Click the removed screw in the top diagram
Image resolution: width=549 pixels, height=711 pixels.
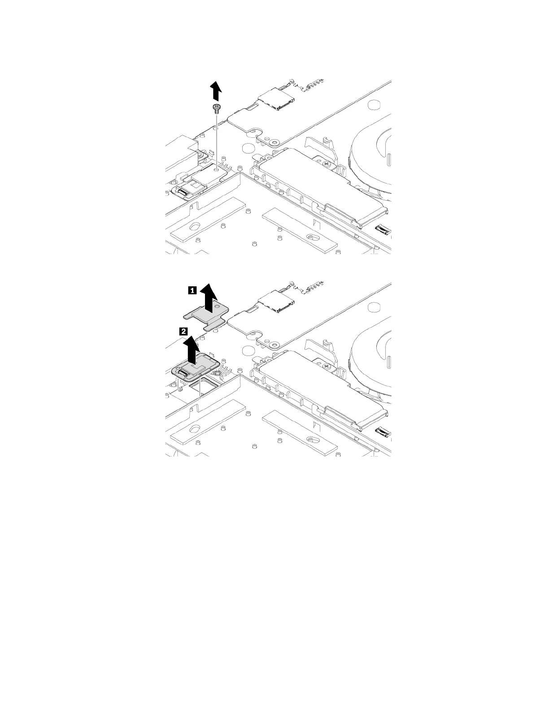tap(217, 107)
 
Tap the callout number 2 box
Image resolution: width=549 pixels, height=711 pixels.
tap(183, 332)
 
